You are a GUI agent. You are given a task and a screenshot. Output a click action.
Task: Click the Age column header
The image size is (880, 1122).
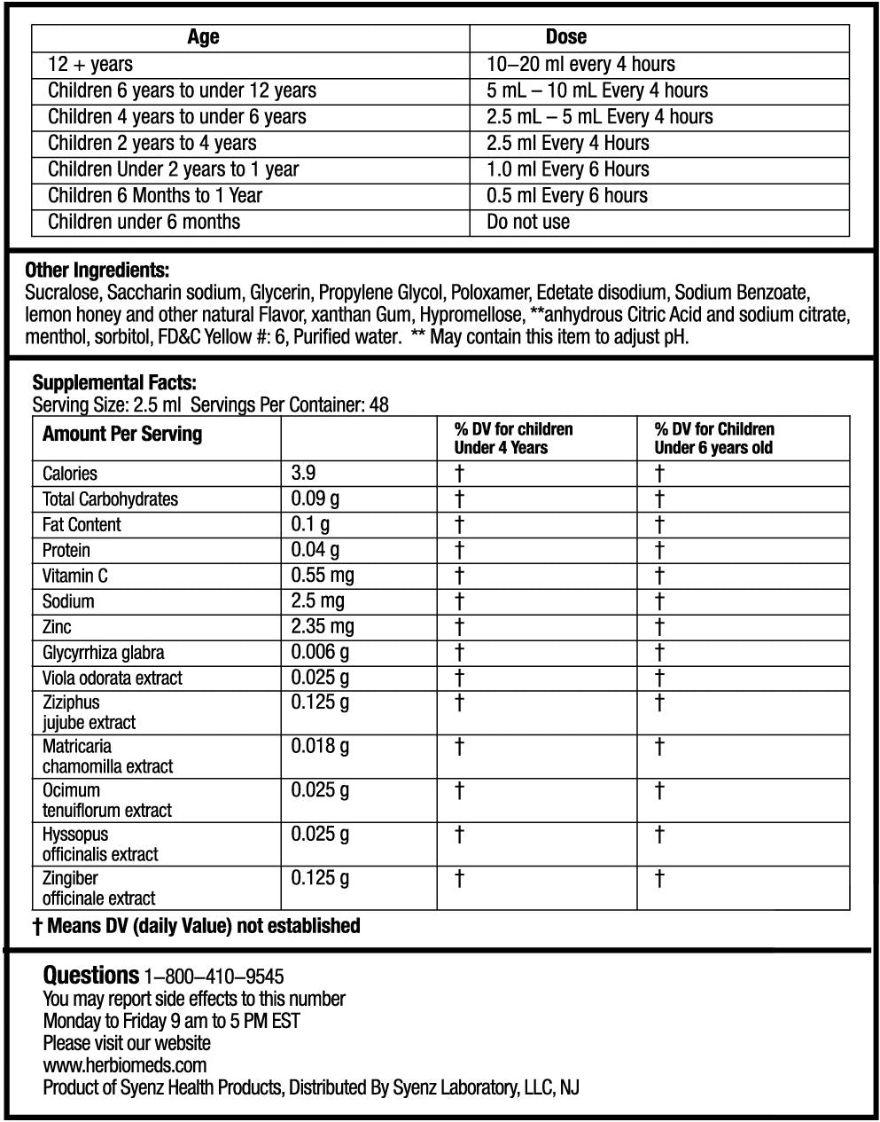pos(203,37)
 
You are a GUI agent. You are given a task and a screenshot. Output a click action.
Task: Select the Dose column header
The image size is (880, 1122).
pos(565,37)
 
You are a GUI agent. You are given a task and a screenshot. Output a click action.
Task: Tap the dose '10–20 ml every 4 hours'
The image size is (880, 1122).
pos(580,64)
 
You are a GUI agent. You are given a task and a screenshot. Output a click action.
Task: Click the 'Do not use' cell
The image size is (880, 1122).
pos(528,222)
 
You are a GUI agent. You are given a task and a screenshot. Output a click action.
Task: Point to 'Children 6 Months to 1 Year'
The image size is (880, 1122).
pos(155,195)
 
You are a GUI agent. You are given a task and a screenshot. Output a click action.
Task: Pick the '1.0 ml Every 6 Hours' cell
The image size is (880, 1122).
pos(567,169)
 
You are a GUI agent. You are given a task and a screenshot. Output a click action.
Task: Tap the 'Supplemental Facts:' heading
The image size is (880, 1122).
pos(114,383)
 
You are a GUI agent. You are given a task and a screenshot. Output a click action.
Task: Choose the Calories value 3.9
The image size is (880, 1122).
pos(304,474)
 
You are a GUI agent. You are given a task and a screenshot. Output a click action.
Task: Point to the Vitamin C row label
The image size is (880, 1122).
pos(75,576)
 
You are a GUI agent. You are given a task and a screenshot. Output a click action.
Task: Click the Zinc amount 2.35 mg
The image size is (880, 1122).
pos(323,627)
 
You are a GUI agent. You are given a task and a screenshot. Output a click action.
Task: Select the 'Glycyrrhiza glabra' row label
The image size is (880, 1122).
pos(103,653)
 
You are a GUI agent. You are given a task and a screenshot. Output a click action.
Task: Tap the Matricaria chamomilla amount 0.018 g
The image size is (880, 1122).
pos(320,747)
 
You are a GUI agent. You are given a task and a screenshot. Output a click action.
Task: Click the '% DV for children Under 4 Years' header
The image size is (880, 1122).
pos(513,438)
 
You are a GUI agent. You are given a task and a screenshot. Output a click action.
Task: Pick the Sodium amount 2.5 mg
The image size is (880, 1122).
pos(317,601)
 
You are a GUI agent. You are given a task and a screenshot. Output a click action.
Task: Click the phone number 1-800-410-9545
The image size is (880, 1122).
pos(214,977)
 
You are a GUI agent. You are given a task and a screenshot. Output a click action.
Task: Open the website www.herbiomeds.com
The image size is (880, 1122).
pos(125,1065)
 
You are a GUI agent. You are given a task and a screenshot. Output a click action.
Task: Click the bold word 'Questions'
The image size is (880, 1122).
pos(90,976)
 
